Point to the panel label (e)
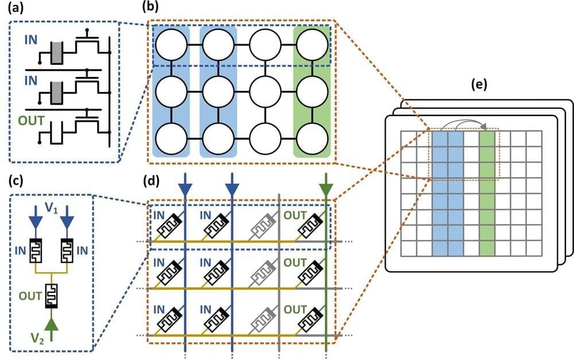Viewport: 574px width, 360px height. [x=478, y=85]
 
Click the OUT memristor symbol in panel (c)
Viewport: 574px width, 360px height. [x=52, y=296]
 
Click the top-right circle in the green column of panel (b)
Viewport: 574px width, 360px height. [x=312, y=43]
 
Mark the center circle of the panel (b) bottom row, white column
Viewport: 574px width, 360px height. [x=265, y=137]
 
